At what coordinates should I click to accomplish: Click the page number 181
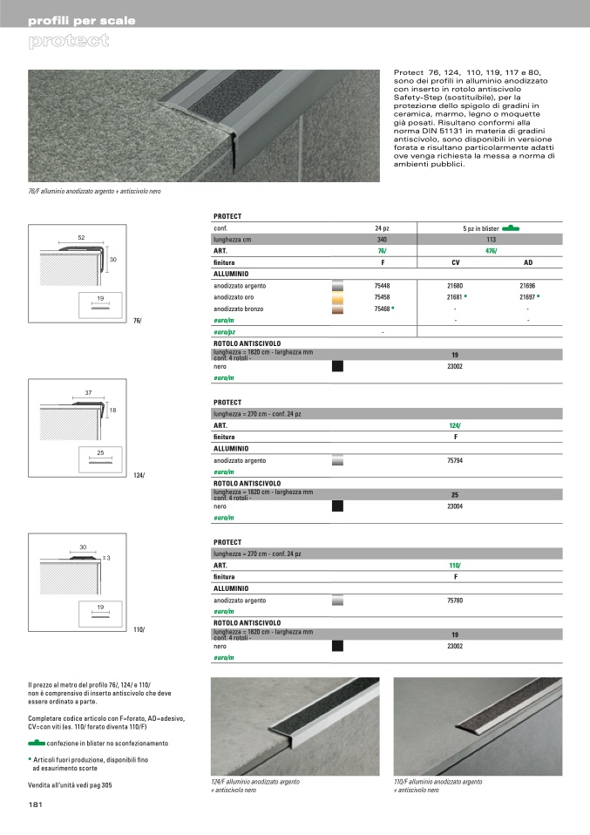tap(37, 804)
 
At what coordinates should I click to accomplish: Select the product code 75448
tap(382, 286)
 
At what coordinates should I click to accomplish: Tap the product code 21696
tap(527, 286)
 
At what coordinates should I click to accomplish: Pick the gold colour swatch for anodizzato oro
tap(338, 297)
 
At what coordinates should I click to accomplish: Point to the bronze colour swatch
tap(338, 309)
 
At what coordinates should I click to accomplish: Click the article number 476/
tap(454, 251)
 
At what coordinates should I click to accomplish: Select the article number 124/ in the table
tap(454, 425)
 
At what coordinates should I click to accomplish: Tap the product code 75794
tap(455, 460)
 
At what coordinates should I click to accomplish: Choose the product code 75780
tap(455, 601)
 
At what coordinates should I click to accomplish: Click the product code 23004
tap(455, 506)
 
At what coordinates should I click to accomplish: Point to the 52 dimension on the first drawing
tap(81, 237)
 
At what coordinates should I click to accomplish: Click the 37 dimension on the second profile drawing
tap(88, 393)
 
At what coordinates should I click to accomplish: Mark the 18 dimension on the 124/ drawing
tap(112, 410)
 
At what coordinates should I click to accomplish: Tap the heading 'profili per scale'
tap(82, 20)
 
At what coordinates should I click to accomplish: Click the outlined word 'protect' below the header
tap(68, 41)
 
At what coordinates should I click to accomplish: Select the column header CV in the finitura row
tap(455, 262)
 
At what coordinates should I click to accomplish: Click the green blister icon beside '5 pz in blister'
tap(511, 227)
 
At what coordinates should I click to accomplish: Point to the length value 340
tap(382, 239)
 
